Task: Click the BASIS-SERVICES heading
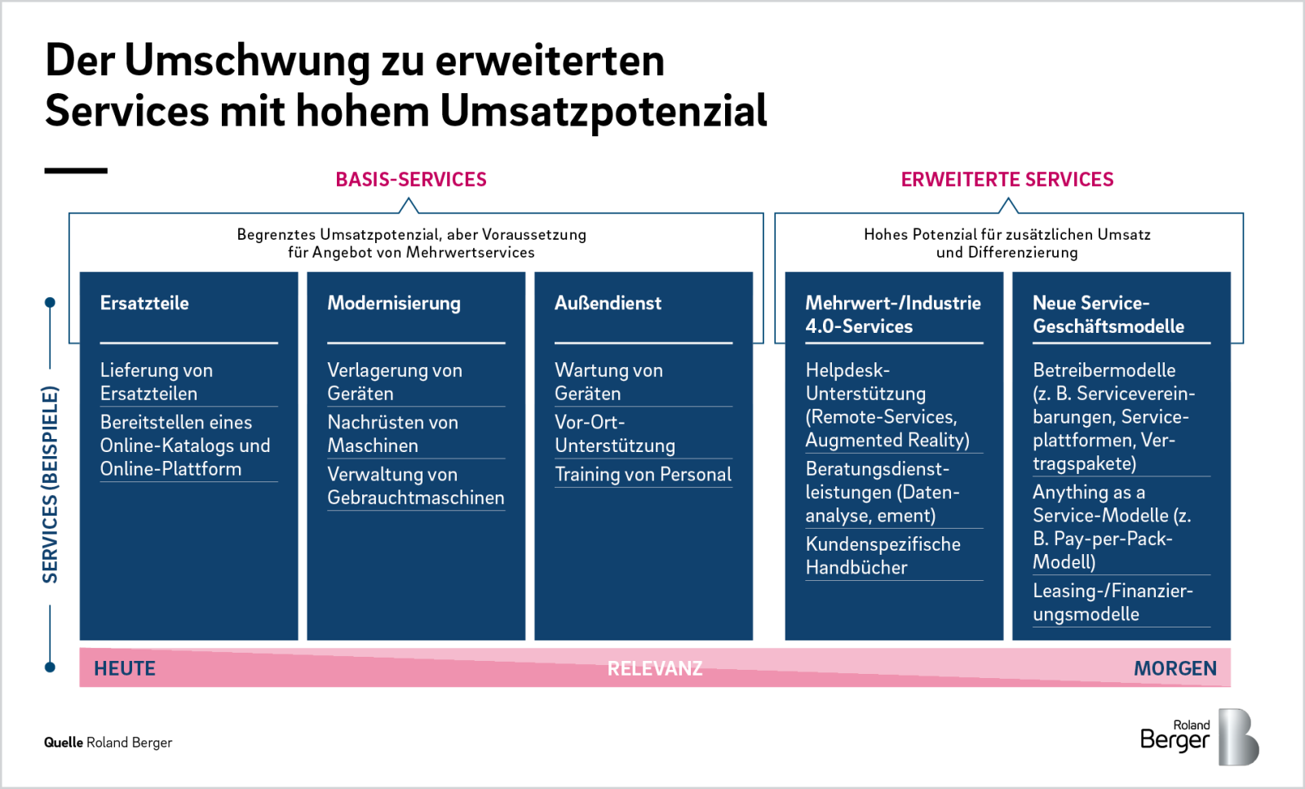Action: (411, 180)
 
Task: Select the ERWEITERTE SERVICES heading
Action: (1007, 180)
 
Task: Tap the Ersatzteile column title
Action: (144, 303)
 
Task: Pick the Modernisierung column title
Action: (394, 303)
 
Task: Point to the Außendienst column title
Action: (608, 303)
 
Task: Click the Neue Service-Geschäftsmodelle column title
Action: (1108, 315)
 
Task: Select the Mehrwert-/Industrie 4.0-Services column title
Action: (893, 315)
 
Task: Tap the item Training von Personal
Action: (644, 474)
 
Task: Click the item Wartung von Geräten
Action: (608, 382)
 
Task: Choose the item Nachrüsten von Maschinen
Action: (392, 434)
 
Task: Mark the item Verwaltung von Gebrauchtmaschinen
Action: (416, 486)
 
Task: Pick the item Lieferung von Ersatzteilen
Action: (156, 382)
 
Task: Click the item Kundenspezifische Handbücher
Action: (883, 556)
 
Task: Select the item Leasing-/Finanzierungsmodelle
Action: (1113, 602)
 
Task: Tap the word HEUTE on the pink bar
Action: (125, 668)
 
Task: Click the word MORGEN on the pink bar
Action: (1175, 668)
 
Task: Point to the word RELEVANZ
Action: (655, 668)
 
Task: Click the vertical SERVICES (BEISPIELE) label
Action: (50, 484)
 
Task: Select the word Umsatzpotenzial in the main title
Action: (604, 111)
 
